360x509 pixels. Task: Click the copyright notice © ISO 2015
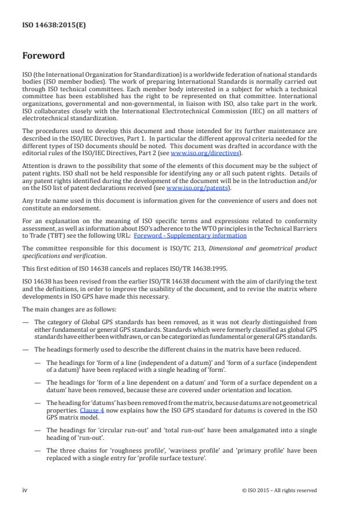tap(278, 490)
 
